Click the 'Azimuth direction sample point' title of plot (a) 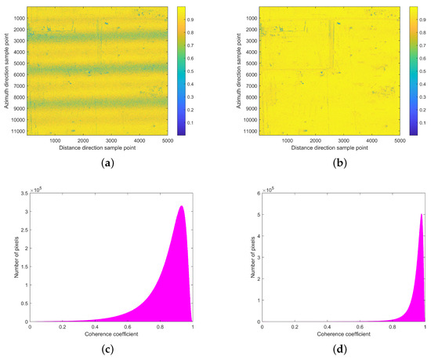click(6, 71)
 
